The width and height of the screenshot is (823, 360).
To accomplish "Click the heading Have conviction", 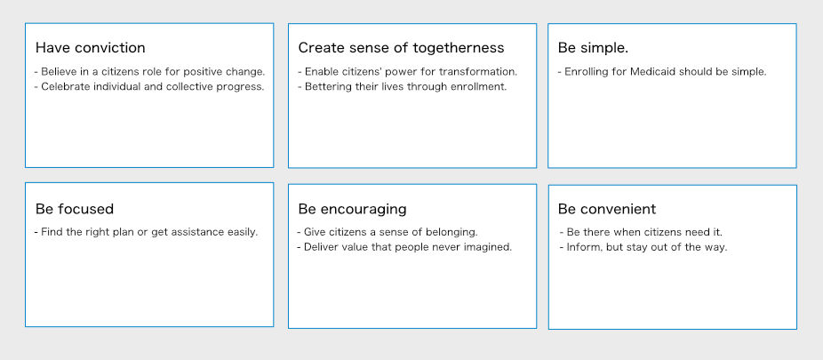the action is pyautogui.click(x=91, y=48).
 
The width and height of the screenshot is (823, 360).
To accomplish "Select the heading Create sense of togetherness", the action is pyautogui.click(x=401, y=48).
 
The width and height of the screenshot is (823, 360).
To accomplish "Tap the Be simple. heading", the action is pyautogui.click(x=593, y=48).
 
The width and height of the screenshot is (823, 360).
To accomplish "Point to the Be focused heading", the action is pyautogui.click(x=75, y=209).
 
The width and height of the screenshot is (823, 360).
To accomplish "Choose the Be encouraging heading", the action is pyautogui.click(x=352, y=210).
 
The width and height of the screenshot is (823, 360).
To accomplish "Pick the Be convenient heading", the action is pyautogui.click(x=607, y=209).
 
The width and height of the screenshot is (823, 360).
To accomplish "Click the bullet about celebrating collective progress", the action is pyautogui.click(x=149, y=87).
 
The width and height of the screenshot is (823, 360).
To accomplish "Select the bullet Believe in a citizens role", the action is pyautogui.click(x=149, y=72).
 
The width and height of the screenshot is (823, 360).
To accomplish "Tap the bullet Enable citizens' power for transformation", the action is pyautogui.click(x=408, y=72).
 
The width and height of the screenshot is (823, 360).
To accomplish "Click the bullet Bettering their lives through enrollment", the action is pyautogui.click(x=403, y=87).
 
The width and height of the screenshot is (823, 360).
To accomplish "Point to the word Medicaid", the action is pyautogui.click(x=655, y=72).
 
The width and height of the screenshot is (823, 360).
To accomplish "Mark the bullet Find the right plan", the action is pyautogui.click(x=147, y=232).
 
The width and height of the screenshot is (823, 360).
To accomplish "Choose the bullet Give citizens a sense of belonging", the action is pyautogui.click(x=388, y=232).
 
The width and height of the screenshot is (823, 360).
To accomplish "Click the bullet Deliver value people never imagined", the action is pyautogui.click(x=404, y=247).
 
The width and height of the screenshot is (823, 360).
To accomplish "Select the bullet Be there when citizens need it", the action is pyautogui.click(x=642, y=232).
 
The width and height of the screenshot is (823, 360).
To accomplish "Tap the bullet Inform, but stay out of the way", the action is pyautogui.click(x=643, y=247).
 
